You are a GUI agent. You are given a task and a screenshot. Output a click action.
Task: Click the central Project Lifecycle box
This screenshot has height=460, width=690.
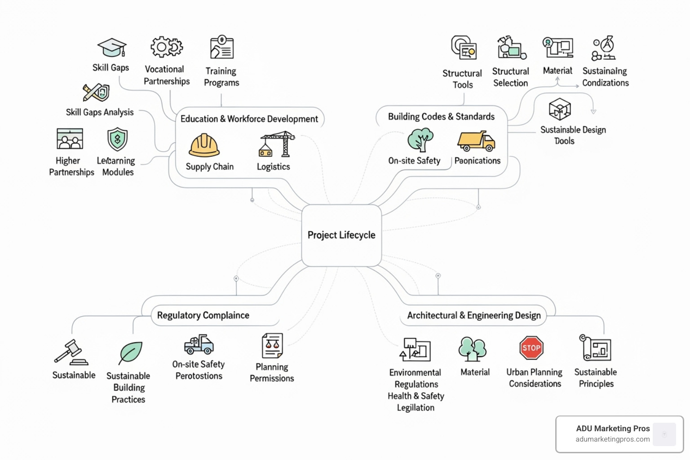pos(341,235)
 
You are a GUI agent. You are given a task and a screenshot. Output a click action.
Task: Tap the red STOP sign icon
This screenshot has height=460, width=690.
pos(531,348)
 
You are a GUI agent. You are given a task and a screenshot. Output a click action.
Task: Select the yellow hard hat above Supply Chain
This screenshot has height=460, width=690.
pos(204,146)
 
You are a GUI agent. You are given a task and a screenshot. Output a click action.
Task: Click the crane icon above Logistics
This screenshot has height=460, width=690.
pos(277,144)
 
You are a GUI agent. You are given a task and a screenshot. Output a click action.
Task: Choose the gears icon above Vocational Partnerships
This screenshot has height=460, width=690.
pos(166,47)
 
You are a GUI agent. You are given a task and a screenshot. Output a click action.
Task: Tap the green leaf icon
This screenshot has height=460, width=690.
pos(131,353)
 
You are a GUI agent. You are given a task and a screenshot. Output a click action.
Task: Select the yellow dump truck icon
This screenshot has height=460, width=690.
pos(476,141)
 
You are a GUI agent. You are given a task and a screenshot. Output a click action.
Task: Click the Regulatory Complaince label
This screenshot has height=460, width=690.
pos(203,315)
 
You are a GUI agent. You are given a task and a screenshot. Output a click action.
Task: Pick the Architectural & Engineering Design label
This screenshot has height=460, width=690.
pos(473,315)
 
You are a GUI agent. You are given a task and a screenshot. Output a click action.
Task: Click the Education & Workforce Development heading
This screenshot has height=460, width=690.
pos(249,119)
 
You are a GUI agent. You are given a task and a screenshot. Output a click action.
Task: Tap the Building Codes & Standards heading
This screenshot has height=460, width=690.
pos(441,117)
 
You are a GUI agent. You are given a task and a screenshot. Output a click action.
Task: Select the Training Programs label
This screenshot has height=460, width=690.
pos(221,77)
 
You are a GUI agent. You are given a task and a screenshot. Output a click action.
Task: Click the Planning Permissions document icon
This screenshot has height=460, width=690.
pos(272,345)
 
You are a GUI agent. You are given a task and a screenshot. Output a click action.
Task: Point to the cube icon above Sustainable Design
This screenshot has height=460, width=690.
pos(560,109)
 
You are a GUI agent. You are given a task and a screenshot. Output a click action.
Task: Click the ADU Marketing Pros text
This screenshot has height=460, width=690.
pos(613,429)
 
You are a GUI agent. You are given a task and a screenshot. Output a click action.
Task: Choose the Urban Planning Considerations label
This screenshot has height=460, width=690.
pos(535,378)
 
